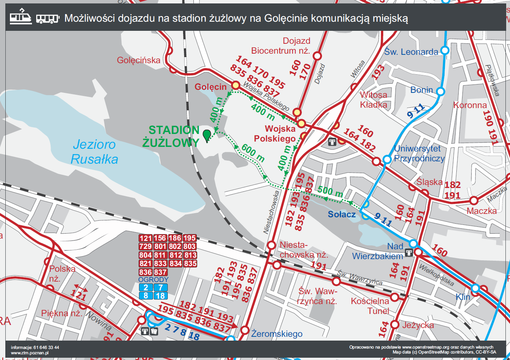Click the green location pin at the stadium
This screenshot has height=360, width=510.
pos(207,135)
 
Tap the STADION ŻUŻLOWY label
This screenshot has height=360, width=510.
pos(171,136)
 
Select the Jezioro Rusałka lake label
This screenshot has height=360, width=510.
pos(95,152)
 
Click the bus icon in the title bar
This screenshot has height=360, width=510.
pos(48,19)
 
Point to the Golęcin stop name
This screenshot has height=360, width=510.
pos(210,87)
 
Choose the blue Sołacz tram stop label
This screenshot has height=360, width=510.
pos(342,214)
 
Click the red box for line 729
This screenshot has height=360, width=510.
pos(145,247)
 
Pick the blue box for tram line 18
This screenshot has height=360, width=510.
pos(160,296)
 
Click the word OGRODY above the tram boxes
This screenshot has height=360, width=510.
pos(153,280)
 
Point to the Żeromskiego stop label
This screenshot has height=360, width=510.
pos(277,334)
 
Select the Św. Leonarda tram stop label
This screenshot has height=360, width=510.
pos(411,51)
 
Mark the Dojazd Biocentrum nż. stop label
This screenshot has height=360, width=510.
pos(280,46)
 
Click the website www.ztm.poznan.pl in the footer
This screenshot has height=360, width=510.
pos(30,353)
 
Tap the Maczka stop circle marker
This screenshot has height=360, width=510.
pos(474,200)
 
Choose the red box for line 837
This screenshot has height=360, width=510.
pos(160,272)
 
